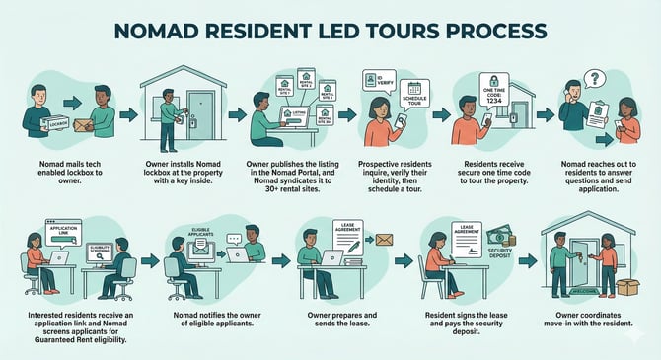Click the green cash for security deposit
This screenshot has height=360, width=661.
(505, 238)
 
